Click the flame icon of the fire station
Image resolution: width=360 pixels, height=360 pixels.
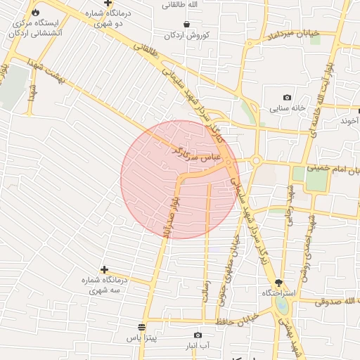click(36, 12)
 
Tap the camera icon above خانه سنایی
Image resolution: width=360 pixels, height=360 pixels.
click(287, 97)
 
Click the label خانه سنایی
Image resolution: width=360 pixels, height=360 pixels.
click(287, 109)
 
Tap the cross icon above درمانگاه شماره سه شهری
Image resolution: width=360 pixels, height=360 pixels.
click(104, 269)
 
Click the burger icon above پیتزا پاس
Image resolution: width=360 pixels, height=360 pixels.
click(142, 328)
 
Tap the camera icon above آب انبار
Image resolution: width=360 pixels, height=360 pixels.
click(197, 335)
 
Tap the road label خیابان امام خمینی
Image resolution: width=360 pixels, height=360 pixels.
click(336, 171)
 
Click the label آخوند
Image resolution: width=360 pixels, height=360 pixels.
click(349, 121)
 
